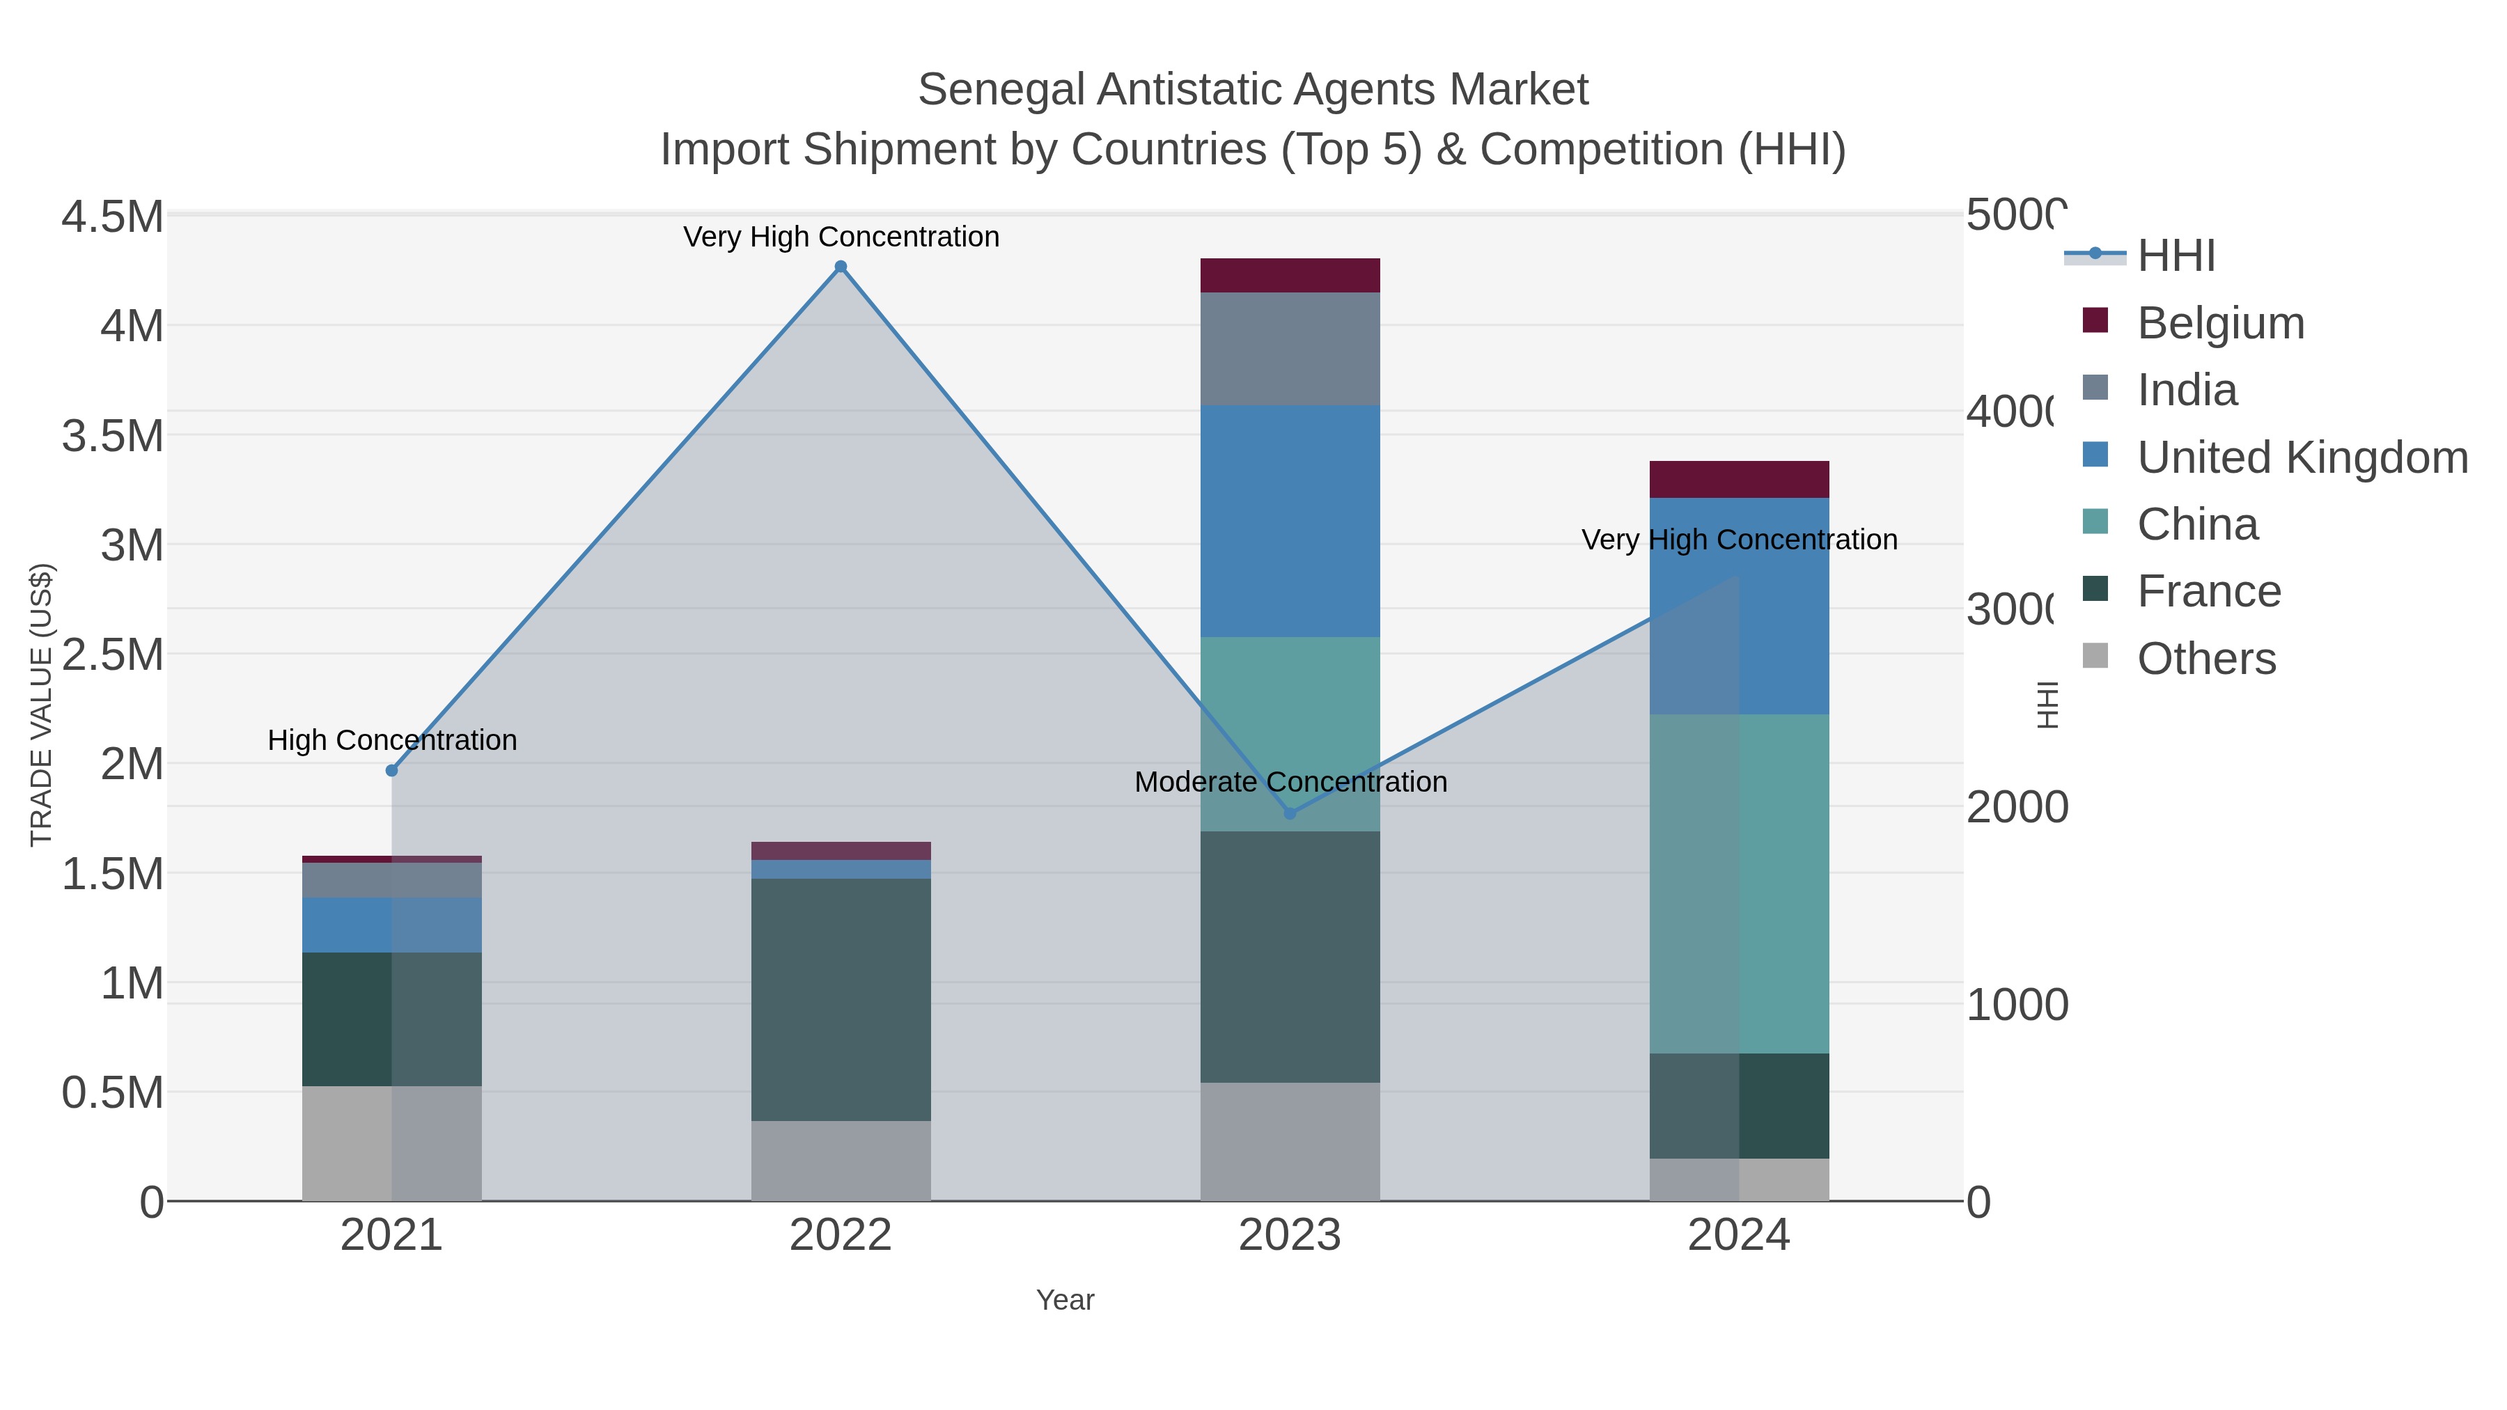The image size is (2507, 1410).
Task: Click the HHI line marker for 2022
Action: pos(841,267)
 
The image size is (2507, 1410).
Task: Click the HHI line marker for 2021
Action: pos(392,771)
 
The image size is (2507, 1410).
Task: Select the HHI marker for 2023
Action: pos(1290,813)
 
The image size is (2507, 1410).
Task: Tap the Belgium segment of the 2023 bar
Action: pos(1290,275)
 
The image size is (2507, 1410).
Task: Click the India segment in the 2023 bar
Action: pos(1290,348)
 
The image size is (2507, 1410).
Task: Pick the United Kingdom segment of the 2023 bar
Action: pos(1290,522)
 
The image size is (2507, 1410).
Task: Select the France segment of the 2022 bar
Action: pos(841,999)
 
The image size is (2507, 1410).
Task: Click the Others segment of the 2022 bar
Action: pos(841,1161)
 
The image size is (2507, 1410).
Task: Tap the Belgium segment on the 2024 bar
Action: pos(1739,480)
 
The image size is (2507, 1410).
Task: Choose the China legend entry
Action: pos(2196,524)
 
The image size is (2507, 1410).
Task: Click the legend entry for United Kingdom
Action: pos(2301,457)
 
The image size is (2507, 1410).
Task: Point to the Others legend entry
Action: pos(2205,659)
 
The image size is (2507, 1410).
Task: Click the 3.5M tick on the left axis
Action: pos(113,436)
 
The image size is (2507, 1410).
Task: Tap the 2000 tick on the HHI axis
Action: pos(2017,808)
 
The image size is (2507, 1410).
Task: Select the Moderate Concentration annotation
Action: pos(1290,783)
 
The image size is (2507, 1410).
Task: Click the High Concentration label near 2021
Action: pos(392,741)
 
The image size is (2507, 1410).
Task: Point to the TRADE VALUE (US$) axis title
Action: pos(41,705)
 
